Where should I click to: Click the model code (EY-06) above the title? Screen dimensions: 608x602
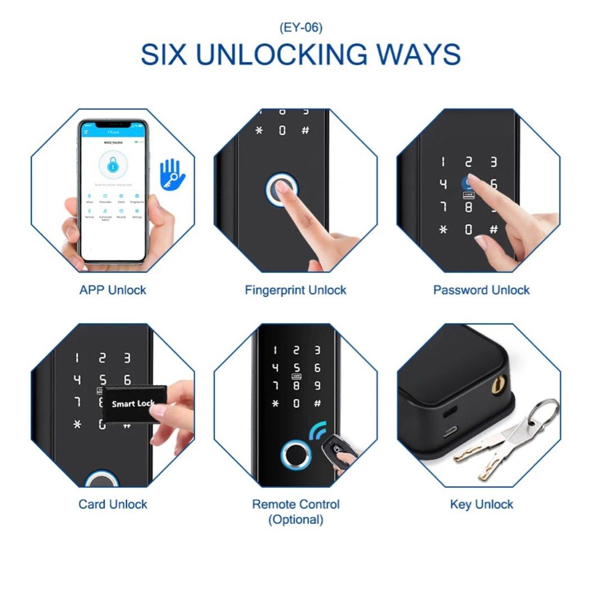[x=301, y=26]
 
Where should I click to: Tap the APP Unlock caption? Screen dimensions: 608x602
[x=113, y=290]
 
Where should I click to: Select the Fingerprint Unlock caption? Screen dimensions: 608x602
[x=295, y=290]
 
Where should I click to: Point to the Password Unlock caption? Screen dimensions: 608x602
[x=481, y=290]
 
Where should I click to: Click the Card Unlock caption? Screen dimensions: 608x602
[x=113, y=504]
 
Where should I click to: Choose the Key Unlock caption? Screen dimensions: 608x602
[x=482, y=504]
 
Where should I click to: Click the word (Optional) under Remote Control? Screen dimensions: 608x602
[x=295, y=520]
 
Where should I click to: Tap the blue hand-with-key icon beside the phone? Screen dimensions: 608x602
[x=172, y=172]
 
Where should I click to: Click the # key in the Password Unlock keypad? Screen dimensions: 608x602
[x=493, y=230]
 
